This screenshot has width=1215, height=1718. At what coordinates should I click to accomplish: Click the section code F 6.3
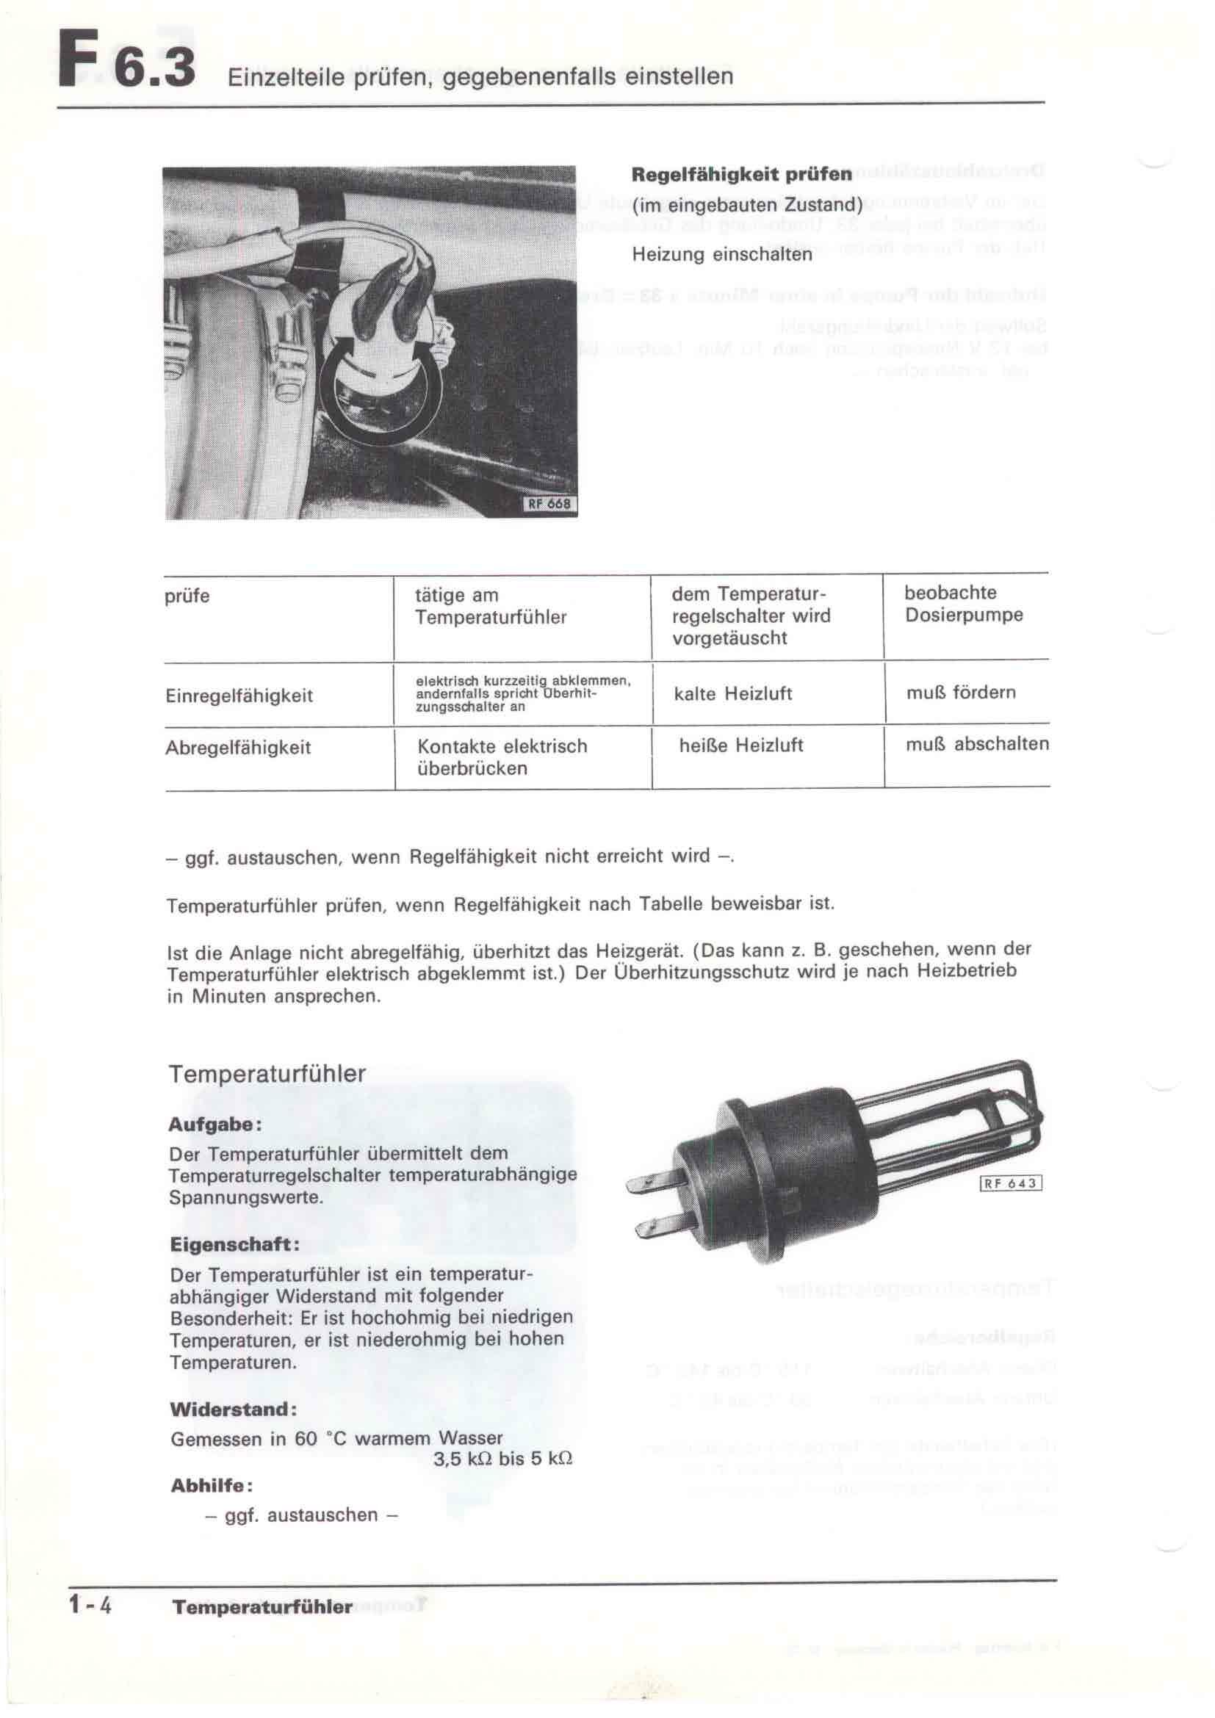pos(127,69)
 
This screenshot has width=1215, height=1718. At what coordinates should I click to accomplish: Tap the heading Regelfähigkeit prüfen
pos(741,174)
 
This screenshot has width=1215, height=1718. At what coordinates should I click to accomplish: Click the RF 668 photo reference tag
pos(549,504)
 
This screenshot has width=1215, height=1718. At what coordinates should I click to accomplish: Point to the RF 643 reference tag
pos(1010,1183)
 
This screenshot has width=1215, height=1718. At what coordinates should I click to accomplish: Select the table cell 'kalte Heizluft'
pos(732,693)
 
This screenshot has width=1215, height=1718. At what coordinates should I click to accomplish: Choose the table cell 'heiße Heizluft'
pos(740,746)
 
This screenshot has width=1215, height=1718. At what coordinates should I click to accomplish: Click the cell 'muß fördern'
pos(961,692)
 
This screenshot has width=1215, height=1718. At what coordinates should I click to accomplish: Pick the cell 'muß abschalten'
pos(977,744)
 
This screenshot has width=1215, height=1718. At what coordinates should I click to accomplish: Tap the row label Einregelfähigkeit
pos(239,696)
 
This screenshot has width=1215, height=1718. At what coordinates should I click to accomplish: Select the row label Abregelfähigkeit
pos(238,748)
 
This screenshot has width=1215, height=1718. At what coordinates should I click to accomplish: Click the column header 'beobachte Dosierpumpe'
pos(963,604)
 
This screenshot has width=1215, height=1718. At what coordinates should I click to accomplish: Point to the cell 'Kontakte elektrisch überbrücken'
pos(502,757)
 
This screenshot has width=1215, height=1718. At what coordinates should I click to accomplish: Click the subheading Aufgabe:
pos(214,1125)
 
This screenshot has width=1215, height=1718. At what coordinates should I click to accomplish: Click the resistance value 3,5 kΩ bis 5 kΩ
pos(502,1459)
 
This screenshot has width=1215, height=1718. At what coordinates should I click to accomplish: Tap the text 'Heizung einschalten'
pos(721,254)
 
